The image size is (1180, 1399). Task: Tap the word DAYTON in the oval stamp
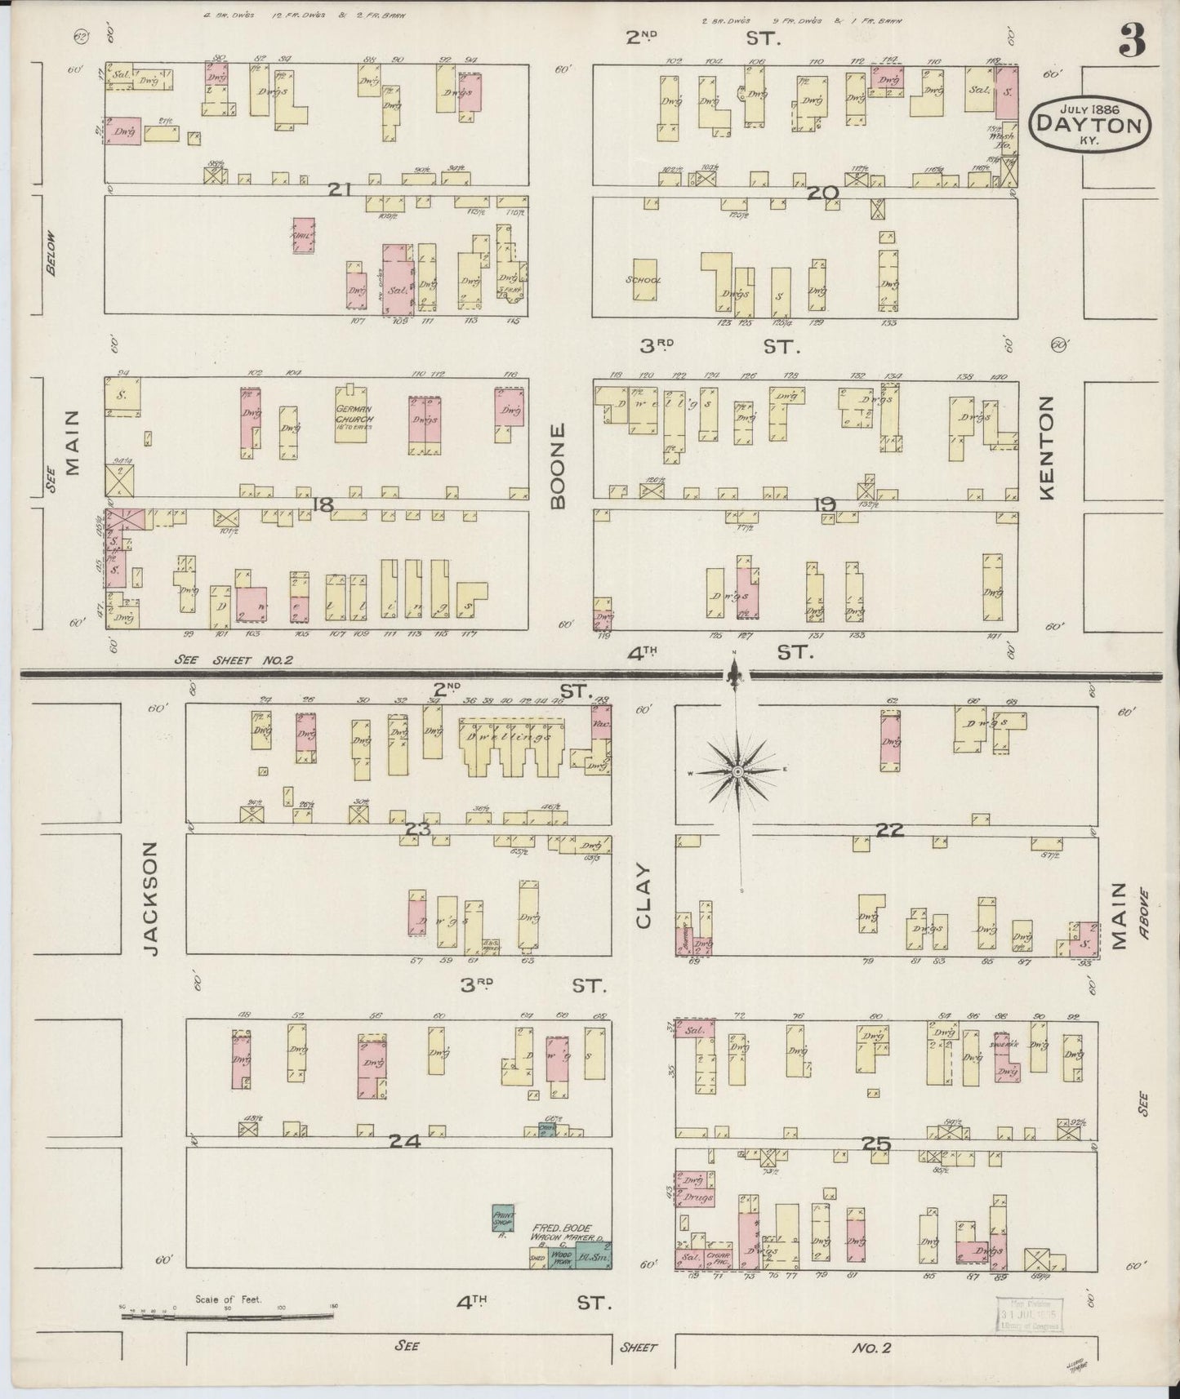tap(1089, 124)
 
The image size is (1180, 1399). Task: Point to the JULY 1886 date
tap(1089, 107)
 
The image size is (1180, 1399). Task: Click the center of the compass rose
tap(737, 771)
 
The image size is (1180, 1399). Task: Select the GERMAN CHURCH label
tap(353, 413)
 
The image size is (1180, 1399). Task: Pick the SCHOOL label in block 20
tap(643, 280)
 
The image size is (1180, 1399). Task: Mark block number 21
tap(340, 189)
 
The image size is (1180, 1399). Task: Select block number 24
tap(404, 1141)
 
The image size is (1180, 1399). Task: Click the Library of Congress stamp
tap(1028, 1313)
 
